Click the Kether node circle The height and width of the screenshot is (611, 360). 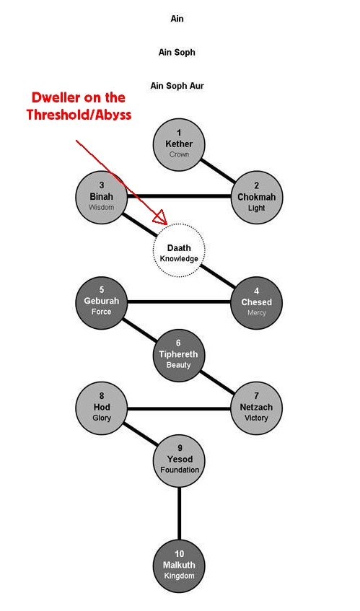[x=179, y=144]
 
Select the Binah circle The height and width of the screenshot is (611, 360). [x=102, y=197]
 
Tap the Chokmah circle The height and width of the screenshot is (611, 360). [x=256, y=198]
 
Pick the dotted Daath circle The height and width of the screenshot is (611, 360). [x=179, y=250]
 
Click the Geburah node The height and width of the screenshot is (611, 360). [x=102, y=302]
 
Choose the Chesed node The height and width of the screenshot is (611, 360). [x=256, y=303]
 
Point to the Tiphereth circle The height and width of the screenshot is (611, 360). [x=179, y=356]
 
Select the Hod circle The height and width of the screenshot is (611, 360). [x=102, y=408]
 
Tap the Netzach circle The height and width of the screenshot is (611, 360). [x=256, y=408]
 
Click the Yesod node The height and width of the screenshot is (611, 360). [x=179, y=461]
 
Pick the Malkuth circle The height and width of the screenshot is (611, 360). [x=179, y=566]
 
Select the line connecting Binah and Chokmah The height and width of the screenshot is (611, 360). [x=179, y=196]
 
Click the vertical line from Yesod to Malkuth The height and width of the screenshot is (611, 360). [x=179, y=514]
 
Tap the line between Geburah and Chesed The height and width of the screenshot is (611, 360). [x=179, y=302]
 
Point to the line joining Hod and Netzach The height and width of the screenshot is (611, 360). [x=179, y=409]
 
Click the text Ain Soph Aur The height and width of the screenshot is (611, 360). [x=177, y=86]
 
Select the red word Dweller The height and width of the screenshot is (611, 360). [x=57, y=97]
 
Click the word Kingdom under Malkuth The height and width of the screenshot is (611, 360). [x=179, y=576]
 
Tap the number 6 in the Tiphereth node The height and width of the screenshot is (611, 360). [x=178, y=343]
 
